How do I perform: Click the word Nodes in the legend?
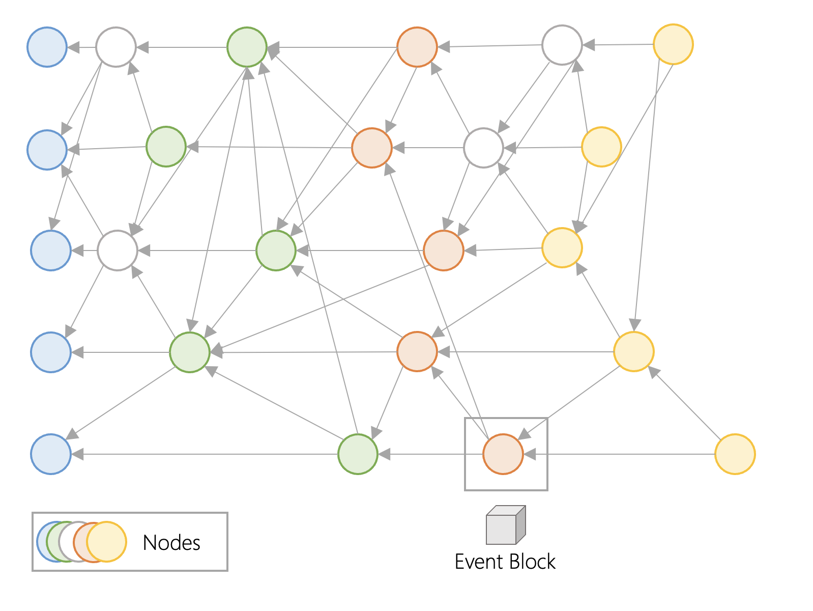(x=171, y=543)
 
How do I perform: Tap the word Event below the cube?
(x=479, y=562)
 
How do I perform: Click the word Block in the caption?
(x=533, y=562)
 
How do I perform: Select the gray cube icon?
(x=506, y=525)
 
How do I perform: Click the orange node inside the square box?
(x=503, y=454)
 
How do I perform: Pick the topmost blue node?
(x=47, y=47)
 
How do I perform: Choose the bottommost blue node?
(x=51, y=454)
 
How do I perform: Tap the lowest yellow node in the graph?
(x=735, y=454)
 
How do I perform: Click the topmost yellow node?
(x=674, y=44)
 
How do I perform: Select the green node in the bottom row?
(x=358, y=454)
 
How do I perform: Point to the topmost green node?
(x=247, y=47)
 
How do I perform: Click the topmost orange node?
(x=417, y=47)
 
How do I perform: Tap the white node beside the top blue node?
(x=116, y=47)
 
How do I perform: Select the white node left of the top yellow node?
(x=562, y=45)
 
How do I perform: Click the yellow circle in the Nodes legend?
(x=107, y=542)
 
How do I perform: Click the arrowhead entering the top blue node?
(x=73, y=47)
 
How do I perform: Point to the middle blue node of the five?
(x=51, y=251)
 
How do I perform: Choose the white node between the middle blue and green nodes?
(x=118, y=251)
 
